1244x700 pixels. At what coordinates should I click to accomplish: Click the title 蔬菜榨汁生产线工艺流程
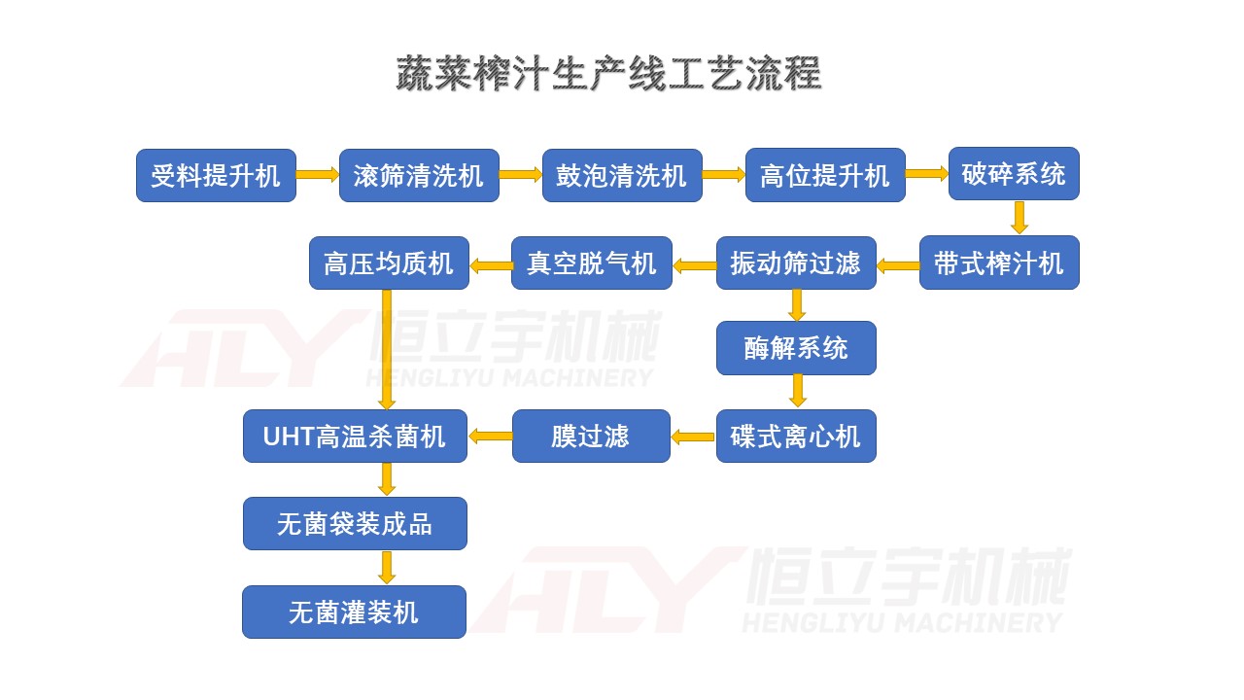[x=608, y=75]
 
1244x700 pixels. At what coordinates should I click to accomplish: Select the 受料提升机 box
[x=216, y=175]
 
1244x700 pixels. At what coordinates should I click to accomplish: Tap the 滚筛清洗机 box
[x=419, y=175]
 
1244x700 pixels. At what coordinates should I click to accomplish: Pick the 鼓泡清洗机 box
[x=622, y=175]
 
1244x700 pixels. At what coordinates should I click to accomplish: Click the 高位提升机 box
[x=825, y=175]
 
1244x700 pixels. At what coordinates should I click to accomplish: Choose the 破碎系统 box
[x=1014, y=174]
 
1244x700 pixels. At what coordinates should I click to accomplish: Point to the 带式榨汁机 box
[x=999, y=262]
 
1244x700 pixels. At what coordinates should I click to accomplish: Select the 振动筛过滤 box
[x=796, y=262]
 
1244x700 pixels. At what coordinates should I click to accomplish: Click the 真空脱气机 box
[x=592, y=262]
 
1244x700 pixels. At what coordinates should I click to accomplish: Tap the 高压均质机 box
[x=389, y=262]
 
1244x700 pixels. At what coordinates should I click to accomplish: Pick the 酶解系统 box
[x=796, y=348]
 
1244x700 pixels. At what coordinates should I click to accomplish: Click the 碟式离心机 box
[x=796, y=436]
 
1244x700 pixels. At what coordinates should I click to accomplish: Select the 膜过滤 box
[x=591, y=436]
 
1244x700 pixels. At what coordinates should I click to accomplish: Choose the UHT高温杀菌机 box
[x=355, y=436]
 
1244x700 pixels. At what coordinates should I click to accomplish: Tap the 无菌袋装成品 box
[x=355, y=524]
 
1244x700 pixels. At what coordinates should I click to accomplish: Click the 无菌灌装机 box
[x=354, y=612]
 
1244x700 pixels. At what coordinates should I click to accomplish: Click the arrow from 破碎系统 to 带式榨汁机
[x=1019, y=217]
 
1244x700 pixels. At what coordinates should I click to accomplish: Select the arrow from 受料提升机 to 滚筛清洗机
[x=317, y=175]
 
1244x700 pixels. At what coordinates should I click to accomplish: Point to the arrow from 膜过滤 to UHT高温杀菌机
[x=490, y=437]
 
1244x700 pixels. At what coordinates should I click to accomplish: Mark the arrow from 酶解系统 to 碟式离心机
[x=797, y=391]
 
